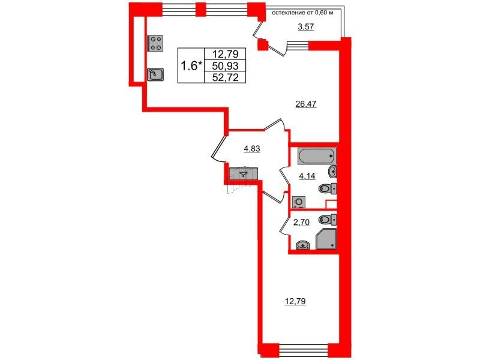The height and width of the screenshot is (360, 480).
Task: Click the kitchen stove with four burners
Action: (x=155, y=43)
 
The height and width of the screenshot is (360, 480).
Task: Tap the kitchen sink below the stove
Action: (x=155, y=74)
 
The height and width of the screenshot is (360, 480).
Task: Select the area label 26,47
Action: (x=305, y=104)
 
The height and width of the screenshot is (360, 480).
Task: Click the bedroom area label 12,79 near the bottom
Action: (x=295, y=301)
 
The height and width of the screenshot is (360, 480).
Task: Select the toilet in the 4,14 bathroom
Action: (x=328, y=188)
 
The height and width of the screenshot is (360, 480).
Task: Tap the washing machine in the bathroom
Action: (x=298, y=201)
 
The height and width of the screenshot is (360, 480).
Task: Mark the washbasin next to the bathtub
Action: (x=333, y=170)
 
